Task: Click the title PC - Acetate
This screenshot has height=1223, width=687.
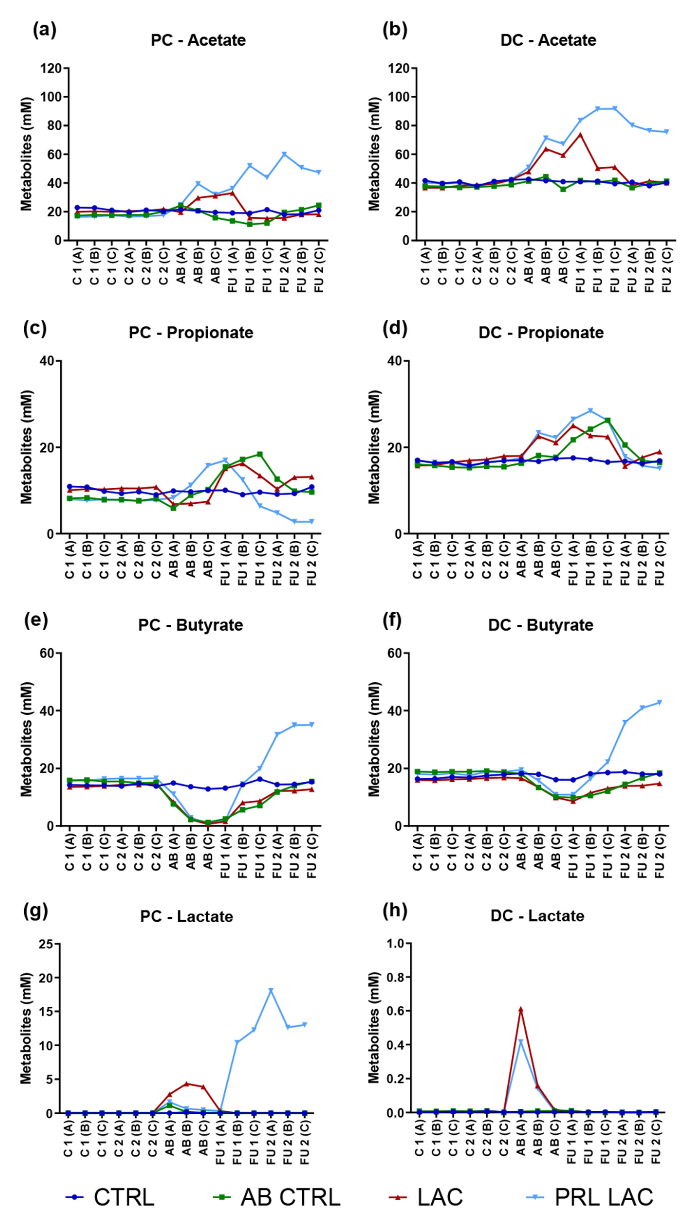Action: pos(198,40)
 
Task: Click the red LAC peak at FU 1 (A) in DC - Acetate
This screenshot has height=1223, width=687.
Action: pos(580,134)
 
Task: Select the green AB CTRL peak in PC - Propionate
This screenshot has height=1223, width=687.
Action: pos(260,454)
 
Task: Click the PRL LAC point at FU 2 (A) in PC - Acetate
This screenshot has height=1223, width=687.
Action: pos(284,154)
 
